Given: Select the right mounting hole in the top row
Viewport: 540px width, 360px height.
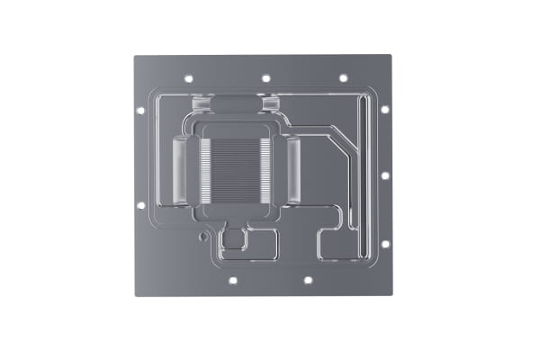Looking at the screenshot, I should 343,79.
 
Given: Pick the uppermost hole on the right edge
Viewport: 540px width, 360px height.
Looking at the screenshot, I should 384,110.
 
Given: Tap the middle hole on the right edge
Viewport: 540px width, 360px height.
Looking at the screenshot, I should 384,175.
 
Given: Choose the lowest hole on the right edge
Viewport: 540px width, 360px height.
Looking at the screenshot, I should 384,243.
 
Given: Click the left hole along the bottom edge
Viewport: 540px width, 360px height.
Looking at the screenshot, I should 231,280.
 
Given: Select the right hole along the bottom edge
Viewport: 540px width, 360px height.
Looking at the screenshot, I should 307,280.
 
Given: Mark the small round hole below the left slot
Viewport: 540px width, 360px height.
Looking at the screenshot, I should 204,238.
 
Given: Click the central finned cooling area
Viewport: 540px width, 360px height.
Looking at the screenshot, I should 235,172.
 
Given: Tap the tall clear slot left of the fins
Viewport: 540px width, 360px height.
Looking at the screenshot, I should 177,169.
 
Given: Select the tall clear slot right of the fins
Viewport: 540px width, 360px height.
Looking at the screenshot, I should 293,169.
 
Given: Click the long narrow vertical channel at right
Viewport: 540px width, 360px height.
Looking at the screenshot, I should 360,171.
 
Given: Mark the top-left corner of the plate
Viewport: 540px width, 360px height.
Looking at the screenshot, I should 134,57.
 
